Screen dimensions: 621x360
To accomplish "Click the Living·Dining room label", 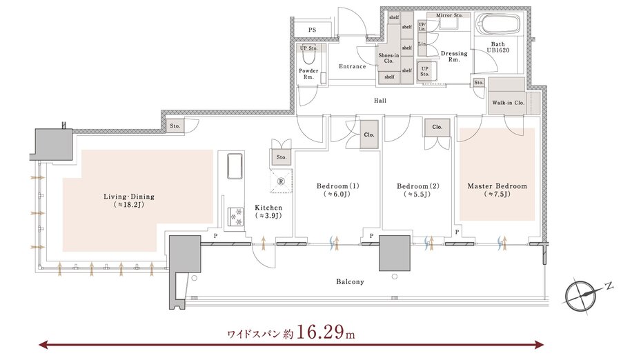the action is [x=129, y=201].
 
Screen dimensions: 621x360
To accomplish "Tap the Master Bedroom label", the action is [x=497, y=190].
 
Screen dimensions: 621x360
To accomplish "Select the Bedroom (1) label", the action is [x=338, y=190].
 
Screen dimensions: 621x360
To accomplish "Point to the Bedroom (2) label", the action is [x=418, y=190].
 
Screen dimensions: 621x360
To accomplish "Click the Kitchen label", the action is [x=268, y=212].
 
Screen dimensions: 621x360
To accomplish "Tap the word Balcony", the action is [x=350, y=282].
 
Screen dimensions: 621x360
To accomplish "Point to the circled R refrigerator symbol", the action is [x=281, y=181].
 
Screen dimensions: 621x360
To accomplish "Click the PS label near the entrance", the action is [x=312, y=30].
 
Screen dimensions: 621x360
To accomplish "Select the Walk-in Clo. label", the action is [x=508, y=103].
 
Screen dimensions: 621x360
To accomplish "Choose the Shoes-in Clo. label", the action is [x=388, y=58].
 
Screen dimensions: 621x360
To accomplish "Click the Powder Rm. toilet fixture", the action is [x=308, y=59].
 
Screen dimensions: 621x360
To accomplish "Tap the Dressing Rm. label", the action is [x=454, y=57].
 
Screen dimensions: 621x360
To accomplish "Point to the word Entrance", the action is [x=353, y=66].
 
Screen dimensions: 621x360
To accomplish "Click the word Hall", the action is [x=380, y=101].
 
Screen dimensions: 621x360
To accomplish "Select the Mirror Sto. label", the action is [x=449, y=15].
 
